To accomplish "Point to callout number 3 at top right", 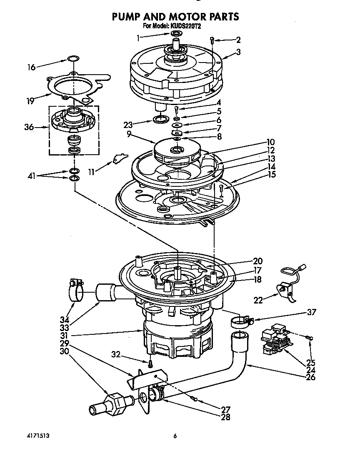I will [x=238, y=52].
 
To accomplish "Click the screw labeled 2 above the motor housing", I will [x=212, y=40].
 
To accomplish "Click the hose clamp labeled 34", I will [x=75, y=290].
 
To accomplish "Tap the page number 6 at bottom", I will [x=175, y=436].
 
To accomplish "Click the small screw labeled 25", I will [x=309, y=338].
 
